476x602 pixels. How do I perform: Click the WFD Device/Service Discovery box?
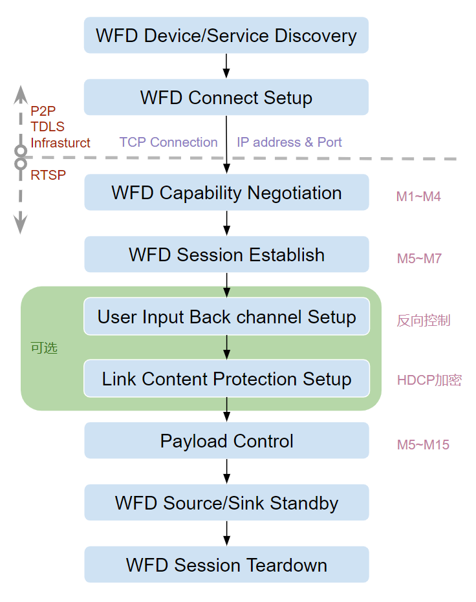click(226, 36)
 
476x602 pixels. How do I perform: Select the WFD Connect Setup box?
click(226, 98)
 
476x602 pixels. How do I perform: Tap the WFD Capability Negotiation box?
click(226, 193)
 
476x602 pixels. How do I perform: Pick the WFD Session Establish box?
click(226, 255)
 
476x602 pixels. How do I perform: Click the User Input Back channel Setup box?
click(226, 317)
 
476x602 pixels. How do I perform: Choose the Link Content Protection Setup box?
click(226, 379)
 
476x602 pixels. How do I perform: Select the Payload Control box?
click(226, 441)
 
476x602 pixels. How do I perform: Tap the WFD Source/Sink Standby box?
click(226, 503)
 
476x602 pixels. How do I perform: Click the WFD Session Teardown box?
click(226, 565)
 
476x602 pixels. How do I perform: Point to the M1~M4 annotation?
click(418, 197)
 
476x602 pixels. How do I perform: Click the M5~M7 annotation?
click(419, 259)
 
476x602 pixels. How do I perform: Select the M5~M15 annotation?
click(423, 445)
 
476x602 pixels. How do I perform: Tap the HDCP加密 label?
click(429, 380)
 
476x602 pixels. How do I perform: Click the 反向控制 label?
click(423, 321)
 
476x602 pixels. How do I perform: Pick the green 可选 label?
click(44, 348)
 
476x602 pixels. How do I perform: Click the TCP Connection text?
click(168, 142)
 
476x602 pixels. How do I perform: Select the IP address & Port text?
click(289, 142)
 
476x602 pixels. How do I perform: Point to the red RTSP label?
click(48, 175)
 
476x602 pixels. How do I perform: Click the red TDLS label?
click(47, 127)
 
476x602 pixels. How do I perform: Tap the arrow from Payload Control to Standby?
click(226, 471)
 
